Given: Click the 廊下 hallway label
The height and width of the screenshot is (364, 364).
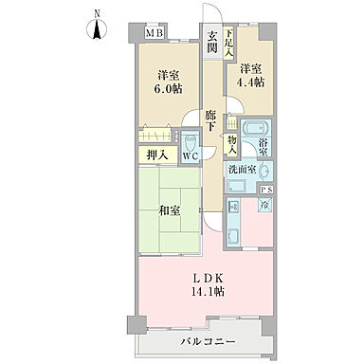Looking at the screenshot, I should click(x=213, y=119).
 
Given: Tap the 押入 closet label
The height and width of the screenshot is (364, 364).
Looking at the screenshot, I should click(x=157, y=155).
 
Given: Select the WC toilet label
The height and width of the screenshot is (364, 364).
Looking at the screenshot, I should click(x=191, y=155).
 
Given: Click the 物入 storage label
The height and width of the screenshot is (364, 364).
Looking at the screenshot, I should click(x=232, y=141).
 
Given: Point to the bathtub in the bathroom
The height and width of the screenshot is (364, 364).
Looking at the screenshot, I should click(x=253, y=130).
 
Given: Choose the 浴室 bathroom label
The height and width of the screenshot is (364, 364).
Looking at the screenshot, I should click(x=265, y=147).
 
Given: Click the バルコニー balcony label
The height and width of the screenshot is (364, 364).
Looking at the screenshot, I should click(x=204, y=340).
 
